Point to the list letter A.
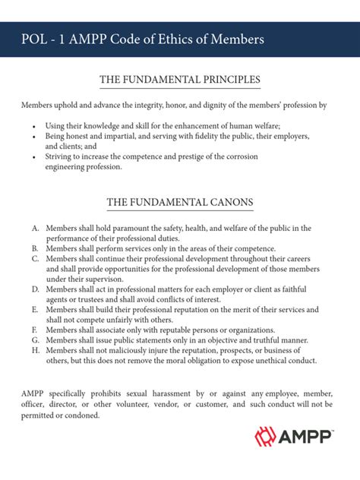pos(36,228)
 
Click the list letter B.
pos(36,248)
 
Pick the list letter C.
pos(36,258)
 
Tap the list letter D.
pos(36,289)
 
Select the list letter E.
pos(36,310)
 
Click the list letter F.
pos(36,330)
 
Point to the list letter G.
pos(36,340)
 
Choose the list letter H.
pos(36,351)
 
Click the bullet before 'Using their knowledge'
pos(35,125)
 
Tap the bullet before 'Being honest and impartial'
pos(35,135)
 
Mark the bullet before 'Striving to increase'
pos(35,156)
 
